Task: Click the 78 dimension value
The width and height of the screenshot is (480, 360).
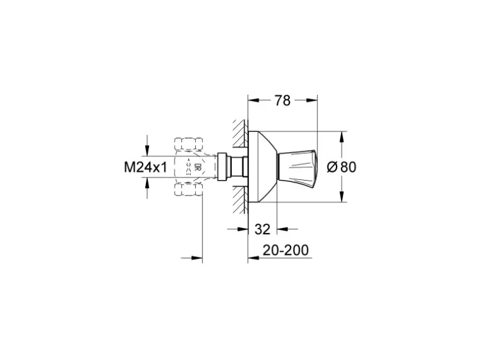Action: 282,100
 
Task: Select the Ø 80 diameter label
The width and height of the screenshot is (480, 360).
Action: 342,167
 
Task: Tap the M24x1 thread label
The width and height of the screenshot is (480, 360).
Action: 145,167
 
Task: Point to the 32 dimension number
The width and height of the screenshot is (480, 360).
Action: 262,229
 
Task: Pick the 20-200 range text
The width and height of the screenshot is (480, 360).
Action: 286,250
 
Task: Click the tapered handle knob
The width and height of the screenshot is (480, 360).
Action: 296,167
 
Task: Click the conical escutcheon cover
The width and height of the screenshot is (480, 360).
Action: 262,167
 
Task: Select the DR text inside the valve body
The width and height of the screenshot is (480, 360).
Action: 198,167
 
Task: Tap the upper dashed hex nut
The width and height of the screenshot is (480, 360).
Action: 188,144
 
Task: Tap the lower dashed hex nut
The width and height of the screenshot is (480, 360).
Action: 188,189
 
